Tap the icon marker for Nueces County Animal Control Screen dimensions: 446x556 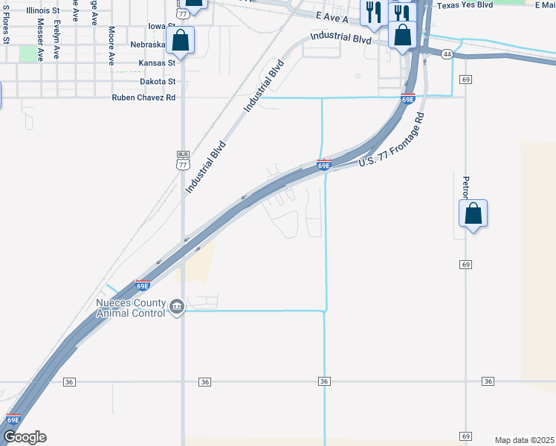[x=177, y=307]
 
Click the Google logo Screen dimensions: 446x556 [x=25, y=437]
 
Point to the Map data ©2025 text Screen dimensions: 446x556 [x=524, y=439]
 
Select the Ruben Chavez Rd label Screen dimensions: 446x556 [x=143, y=97]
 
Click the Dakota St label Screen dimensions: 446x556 [x=158, y=81]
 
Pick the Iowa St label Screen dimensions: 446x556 [x=161, y=26]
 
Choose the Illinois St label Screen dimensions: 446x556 [x=42, y=11]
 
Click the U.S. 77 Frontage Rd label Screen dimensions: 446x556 [x=390, y=141]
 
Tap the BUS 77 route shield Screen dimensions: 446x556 [x=183, y=161]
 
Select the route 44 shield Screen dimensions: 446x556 [x=447, y=54]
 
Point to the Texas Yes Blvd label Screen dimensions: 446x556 [x=465, y=4]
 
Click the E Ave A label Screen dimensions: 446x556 [x=332, y=17]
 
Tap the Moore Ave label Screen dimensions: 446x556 [x=111, y=43]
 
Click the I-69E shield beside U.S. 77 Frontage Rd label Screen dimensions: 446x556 [x=324, y=165]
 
